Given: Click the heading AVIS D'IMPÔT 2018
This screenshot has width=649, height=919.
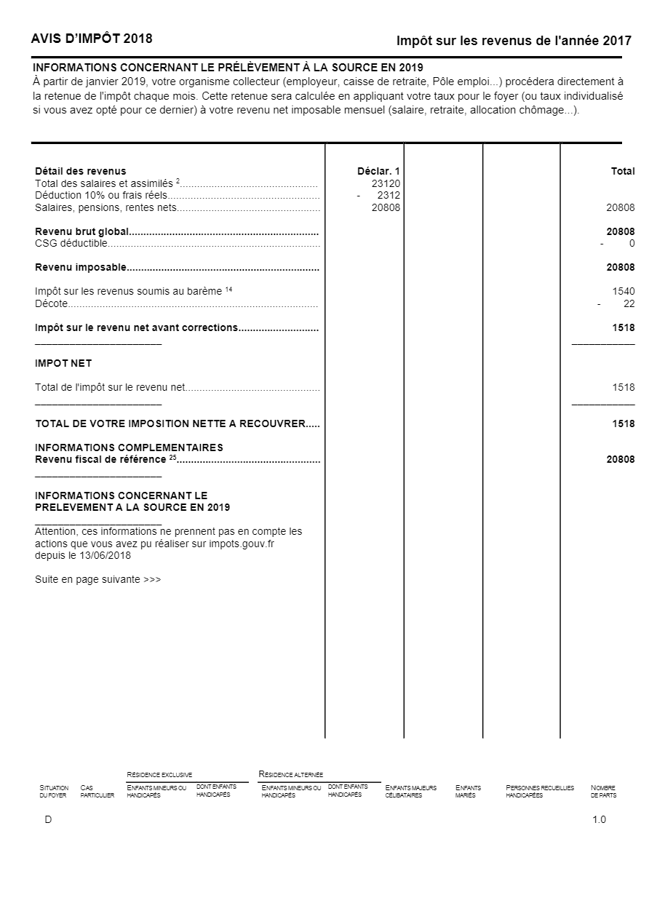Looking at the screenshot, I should (92, 39).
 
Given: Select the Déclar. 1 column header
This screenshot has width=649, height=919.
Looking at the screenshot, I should (378, 172).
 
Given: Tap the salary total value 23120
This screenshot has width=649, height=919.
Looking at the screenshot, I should (386, 184).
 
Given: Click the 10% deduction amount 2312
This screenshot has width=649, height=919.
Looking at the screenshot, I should (389, 196).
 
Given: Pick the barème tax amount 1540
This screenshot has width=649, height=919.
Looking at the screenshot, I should (624, 291).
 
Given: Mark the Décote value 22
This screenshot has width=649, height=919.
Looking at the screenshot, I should (629, 303).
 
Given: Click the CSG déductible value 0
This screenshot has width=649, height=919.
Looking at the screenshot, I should (632, 243).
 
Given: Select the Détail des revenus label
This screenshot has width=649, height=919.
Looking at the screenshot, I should (80, 172).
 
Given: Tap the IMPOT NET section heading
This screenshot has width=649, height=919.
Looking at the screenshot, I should (63, 363).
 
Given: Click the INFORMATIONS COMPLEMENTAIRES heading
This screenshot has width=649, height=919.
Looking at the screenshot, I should (129, 447).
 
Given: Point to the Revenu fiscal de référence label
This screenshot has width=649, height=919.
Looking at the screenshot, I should (100, 459).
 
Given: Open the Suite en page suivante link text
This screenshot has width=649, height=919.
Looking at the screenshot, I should (97, 580).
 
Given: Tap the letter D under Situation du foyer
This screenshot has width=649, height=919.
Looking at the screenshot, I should (48, 820).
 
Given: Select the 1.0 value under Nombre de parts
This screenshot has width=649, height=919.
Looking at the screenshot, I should (599, 820).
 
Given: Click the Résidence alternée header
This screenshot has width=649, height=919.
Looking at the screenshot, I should (291, 774).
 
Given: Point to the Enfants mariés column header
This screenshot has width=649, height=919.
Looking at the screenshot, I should (468, 792).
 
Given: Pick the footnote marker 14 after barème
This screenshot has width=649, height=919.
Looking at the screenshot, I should (228, 289).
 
